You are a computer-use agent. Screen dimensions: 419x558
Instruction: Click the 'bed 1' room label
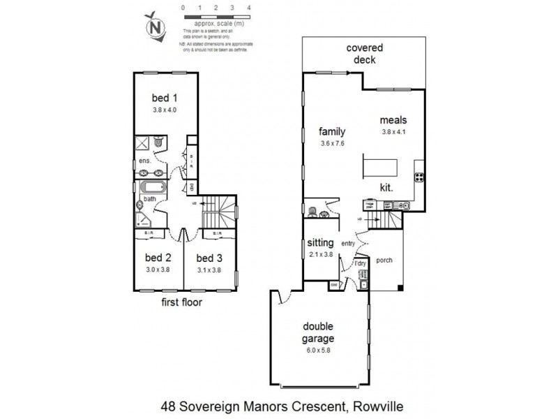pos(165,98)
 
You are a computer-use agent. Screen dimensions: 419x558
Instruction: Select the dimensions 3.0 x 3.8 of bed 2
pos(158,269)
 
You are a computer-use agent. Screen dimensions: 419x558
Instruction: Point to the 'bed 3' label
pos(208,257)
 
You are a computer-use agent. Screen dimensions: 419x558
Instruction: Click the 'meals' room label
pos(394,119)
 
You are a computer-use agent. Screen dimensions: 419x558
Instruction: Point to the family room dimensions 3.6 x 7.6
pos(333,142)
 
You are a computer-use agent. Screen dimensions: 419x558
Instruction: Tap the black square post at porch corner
pos(399,288)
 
